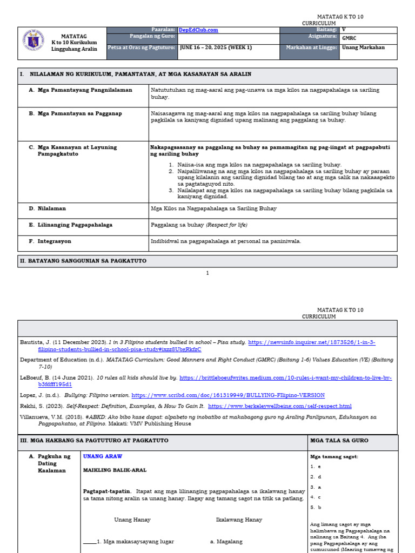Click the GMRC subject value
click(349, 39)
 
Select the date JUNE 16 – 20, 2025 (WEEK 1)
click(216, 48)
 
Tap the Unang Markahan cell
click(363, 48)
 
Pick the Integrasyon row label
click(54, 241)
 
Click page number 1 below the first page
click(207, 273)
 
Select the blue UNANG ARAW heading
click(103, 456)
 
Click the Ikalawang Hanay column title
click(239, 520)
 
